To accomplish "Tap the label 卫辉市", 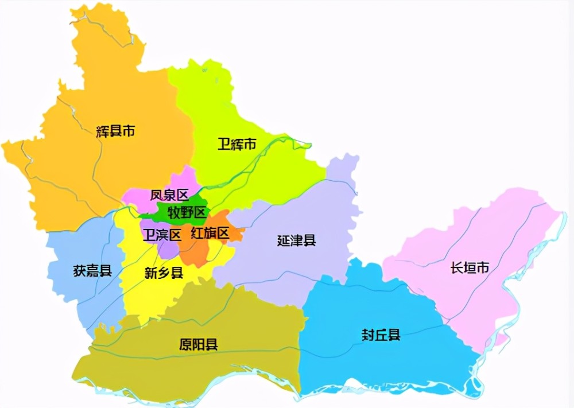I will click(x=236, y=144).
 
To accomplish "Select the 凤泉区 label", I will click(x=169, y=195).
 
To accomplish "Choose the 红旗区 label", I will click(x=210, y=233).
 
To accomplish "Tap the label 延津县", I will click(x=296, y=240).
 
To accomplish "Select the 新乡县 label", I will click(x=164, y=273).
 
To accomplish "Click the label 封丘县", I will click(x=381, y=335).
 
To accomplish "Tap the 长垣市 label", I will click(x=470, y=267).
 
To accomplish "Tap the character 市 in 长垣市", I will click(x=483, y=267).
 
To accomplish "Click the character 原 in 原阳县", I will click(x=185, y=344).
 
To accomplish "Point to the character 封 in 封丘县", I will click(x=368, y=335).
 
